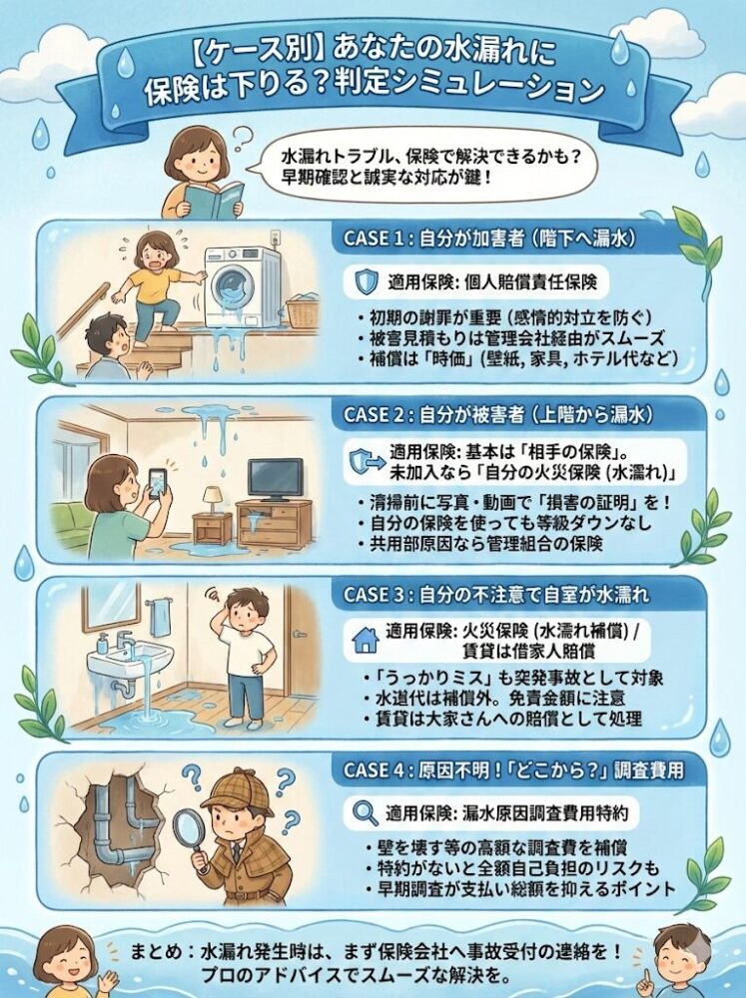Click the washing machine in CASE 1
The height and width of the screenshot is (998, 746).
[x=242, y=285]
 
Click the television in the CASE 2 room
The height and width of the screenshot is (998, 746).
[x=275, y=479]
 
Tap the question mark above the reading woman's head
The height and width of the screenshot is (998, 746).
[x=241, y=136]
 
